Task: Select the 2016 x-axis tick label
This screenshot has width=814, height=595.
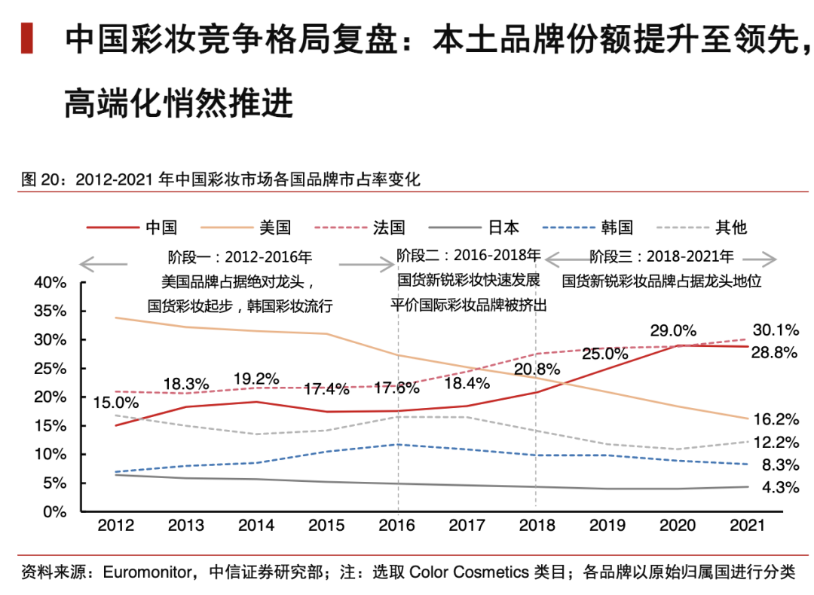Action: click(x=396, y=526)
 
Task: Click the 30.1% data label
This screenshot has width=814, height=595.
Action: click(x=776, y=330)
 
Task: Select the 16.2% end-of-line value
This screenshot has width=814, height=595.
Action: click(x=776, y=419)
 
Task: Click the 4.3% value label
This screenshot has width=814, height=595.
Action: click(x=779, y=488)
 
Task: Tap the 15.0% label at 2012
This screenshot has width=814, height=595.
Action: click(x=116, y=403)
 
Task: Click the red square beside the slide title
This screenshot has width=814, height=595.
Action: click(x=26, y=38)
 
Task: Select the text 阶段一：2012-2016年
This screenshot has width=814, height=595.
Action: click(x=240, y=257)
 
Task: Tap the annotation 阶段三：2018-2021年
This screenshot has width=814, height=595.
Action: click(x=661, y=256)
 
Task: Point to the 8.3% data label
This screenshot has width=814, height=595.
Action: click(x=779, y=465)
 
